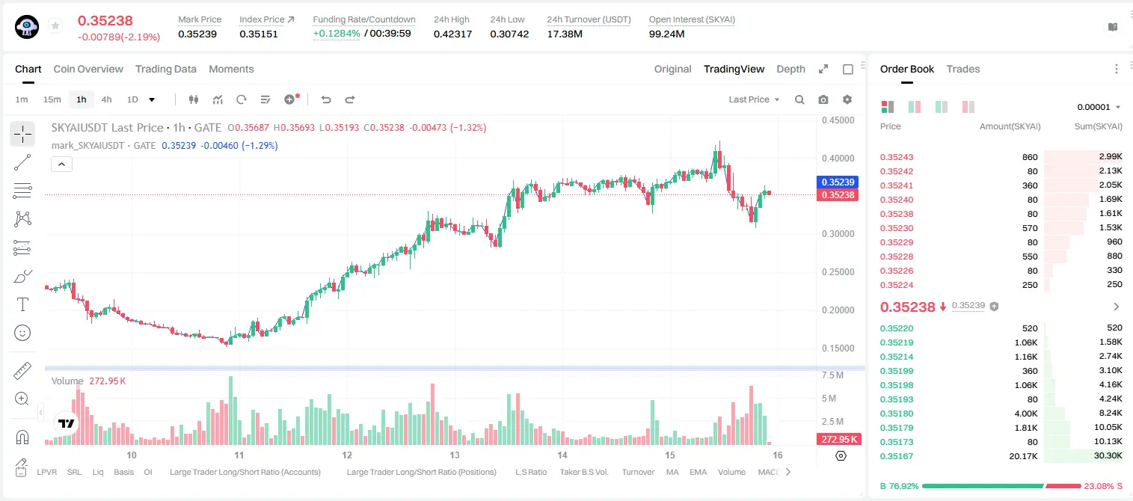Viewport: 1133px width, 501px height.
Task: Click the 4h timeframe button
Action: tap(106, 99)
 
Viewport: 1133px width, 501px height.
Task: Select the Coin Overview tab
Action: tap(88, 69)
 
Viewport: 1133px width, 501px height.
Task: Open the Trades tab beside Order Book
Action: tap(962, 69)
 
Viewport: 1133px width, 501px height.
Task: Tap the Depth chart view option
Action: tap(790, 69)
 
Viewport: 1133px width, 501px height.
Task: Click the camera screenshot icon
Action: tap(823, 99)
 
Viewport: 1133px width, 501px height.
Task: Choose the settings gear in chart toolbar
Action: tap(847, 99)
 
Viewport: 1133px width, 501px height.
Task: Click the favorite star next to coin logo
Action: tap(55, 25)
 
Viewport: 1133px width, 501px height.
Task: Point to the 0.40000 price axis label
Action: tap(838, 159)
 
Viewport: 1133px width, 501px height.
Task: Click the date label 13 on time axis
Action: tap(454, 455)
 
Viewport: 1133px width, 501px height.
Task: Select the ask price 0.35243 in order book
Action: tap(896, 157)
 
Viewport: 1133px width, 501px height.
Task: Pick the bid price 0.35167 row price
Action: tap(896, 456)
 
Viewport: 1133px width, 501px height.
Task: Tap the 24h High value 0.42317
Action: tap(452, 34)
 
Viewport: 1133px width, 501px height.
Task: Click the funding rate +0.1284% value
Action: tap(337, 34)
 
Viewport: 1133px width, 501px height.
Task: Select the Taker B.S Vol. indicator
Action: tap(583, 472)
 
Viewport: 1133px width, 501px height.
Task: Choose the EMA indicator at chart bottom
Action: tap(698, 472)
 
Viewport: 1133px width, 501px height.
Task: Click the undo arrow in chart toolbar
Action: tap(326, 99)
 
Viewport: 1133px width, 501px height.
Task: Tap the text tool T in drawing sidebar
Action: tap(22, 304)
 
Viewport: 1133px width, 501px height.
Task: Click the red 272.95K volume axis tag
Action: tap(838, 440)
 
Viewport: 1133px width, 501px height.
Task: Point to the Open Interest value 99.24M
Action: tap(666, 34)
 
